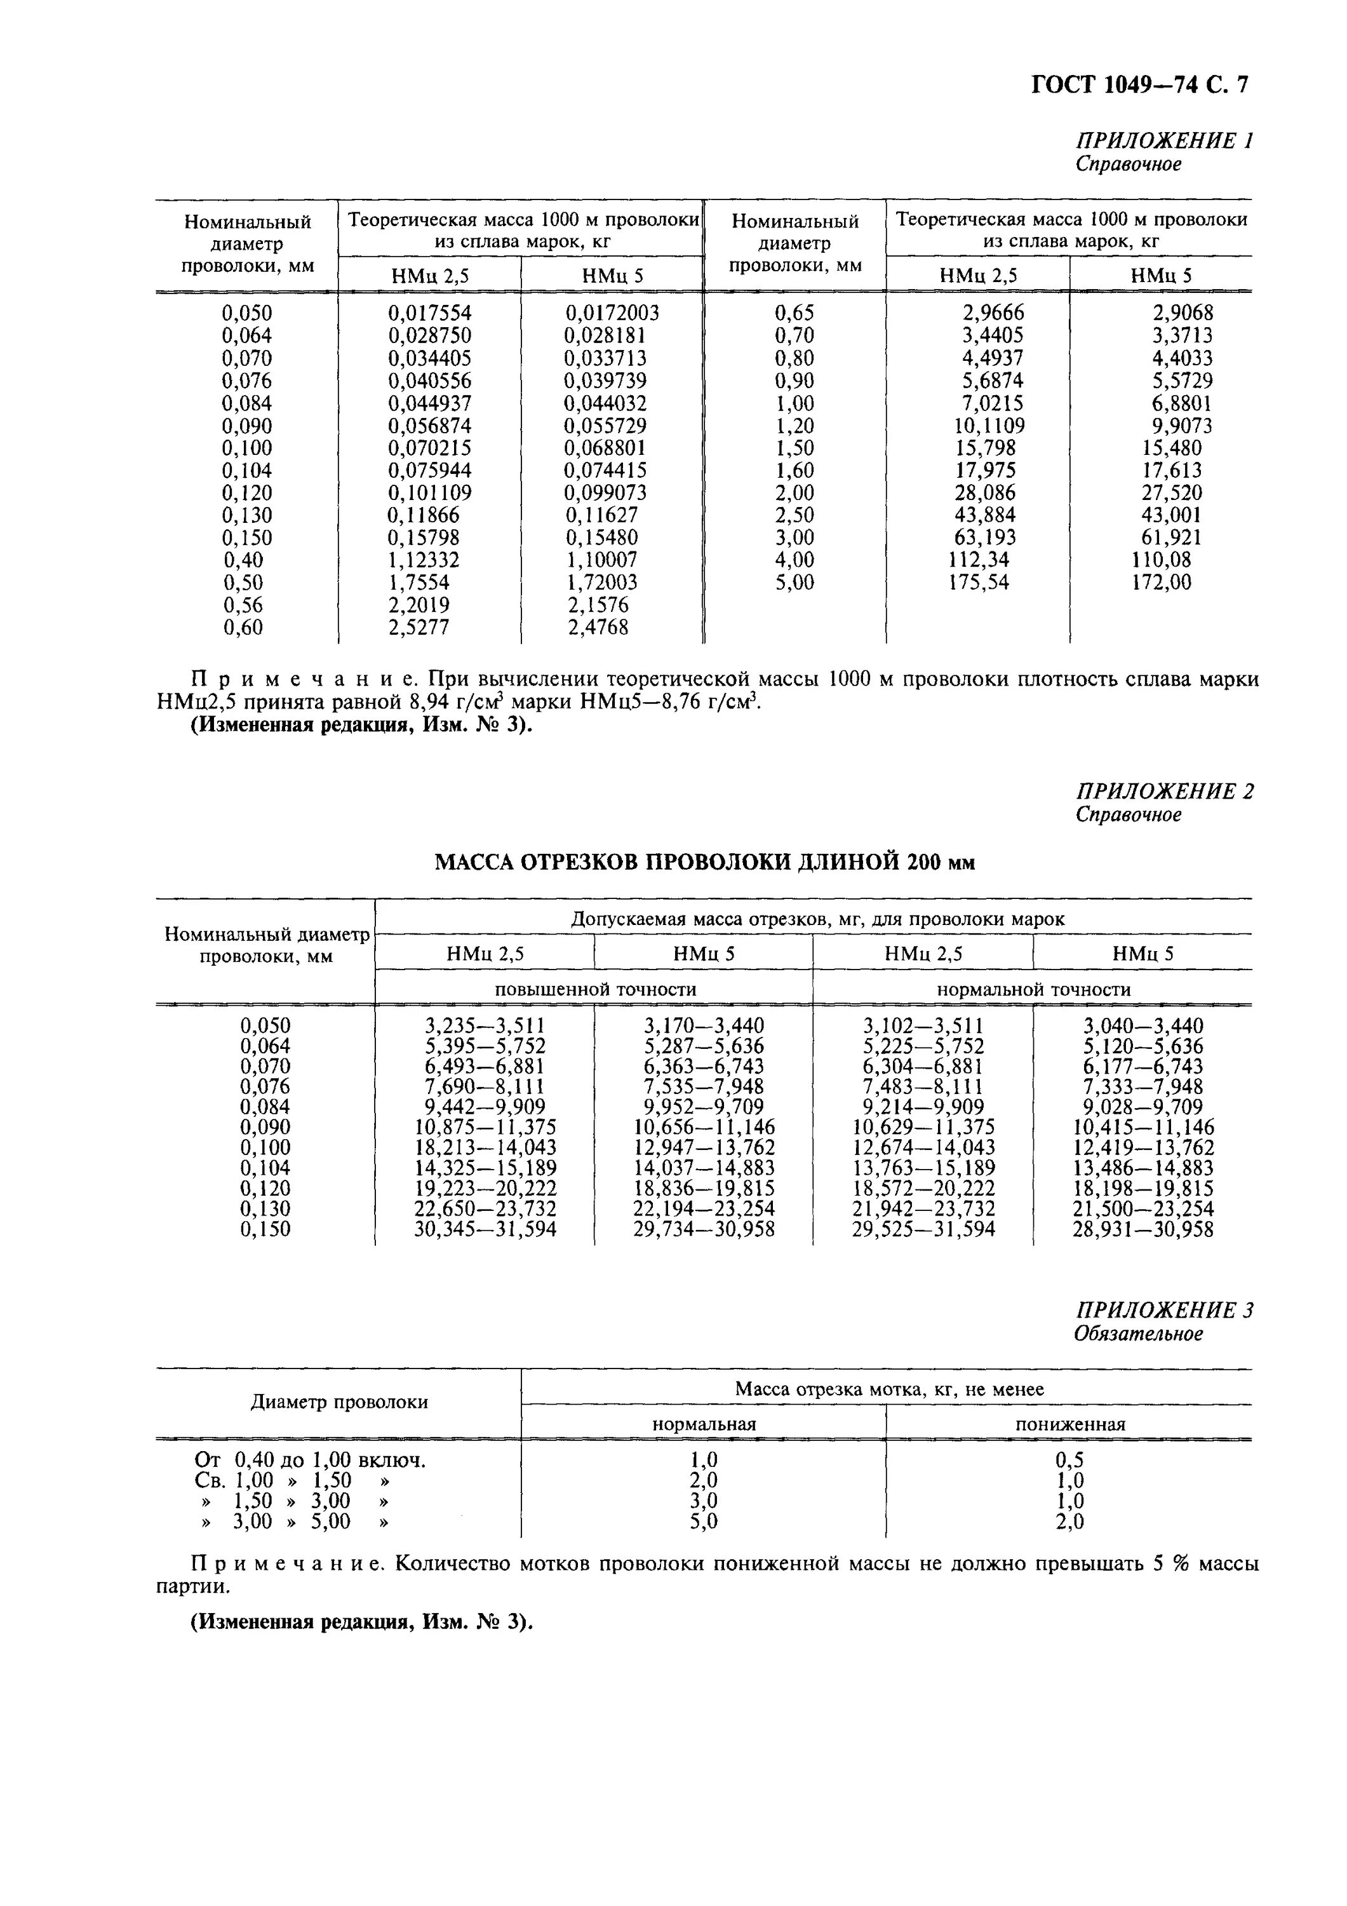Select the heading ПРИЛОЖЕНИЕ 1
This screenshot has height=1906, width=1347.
[x=1163, y=140]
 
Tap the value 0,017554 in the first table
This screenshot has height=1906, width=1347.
[x=429, y=313]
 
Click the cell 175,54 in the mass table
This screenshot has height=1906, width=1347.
[x=979, y=583]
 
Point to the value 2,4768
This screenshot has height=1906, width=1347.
[x=598, y=628]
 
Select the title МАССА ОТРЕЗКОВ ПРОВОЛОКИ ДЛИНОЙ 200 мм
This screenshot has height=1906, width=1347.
[x=705, y=863]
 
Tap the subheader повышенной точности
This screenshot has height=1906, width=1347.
[x=595, y=989]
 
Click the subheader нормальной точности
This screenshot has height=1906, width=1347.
[x=1033, y=989]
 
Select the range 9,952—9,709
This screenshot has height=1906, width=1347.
[x=704, y=1107]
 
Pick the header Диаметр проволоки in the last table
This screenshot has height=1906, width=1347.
[x=338, y=1402]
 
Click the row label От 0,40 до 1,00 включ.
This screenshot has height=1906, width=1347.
[x=309, y=1460]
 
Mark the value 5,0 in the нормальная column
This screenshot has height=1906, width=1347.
[x=704, y=1522]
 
